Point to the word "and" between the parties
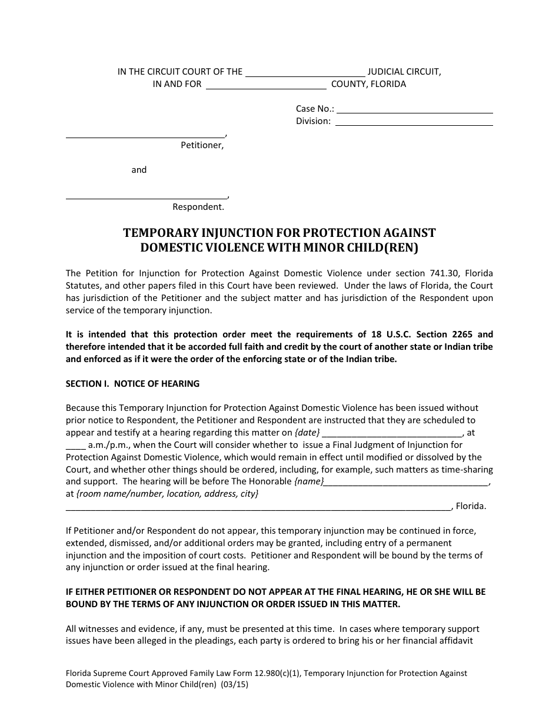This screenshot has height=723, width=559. pyautogui.click(x=139, y=170)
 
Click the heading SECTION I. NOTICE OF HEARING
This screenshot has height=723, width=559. pyautogui.click(x=132, y=384)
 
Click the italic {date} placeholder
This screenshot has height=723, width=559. pyautogui.click(x=308, y=433)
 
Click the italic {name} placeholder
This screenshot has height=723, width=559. pyautogui.click(x=309, y=481)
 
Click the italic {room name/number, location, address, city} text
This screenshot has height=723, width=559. pyautogui.click(x=162, y=494)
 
